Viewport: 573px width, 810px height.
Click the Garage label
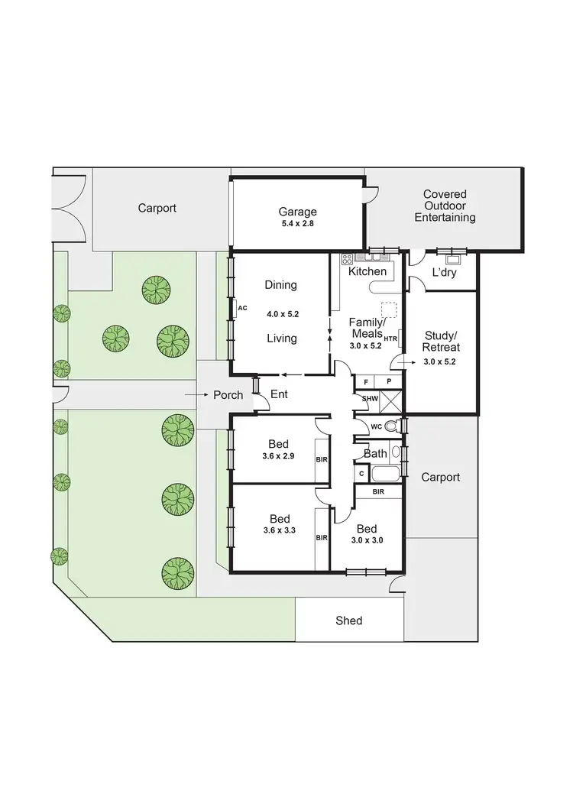tap(297, 212)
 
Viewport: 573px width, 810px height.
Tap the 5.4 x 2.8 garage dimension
tap(297, 225)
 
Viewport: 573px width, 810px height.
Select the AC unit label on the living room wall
tap(243, 308)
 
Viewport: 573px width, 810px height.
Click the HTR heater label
tap(390, 339)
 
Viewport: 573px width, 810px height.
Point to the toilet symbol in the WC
tap(392, 426)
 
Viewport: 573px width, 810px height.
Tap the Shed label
tap(349, 620)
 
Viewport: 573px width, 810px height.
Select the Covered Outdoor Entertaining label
tap(445, 206)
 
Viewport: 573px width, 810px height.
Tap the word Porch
tap(228, 395)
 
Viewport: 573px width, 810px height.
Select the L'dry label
tap(444, 272)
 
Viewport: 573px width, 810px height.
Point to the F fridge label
tap(366, 381)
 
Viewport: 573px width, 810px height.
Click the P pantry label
tap(389, 381)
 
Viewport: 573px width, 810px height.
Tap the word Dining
tap(280, 285)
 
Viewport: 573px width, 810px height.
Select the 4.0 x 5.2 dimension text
tap(280, 313)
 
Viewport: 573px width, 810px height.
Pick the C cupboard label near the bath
tap(361, 474)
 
